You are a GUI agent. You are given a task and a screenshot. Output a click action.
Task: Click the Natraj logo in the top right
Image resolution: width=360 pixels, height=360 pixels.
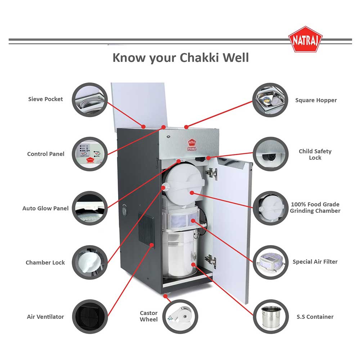(x=305, y=39)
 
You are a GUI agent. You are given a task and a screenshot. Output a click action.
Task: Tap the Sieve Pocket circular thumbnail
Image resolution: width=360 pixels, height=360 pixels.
(x=90, y=100)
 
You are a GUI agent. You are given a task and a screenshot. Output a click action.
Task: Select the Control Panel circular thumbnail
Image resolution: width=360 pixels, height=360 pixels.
(x=90, y=154)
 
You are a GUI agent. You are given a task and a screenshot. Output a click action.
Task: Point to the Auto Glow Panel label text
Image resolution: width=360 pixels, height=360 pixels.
(x=45, y=208)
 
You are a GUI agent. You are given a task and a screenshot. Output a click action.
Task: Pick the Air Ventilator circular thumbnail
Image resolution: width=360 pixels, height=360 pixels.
(x=90, y=317)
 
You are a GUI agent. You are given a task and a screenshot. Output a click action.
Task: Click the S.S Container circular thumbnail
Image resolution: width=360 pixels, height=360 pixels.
(x=270, y=317)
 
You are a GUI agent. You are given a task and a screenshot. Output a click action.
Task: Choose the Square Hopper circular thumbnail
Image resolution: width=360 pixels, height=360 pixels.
(x=270, y=100)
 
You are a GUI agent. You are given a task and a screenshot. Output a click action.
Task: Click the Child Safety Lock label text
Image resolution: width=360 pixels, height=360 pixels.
(x=315, y=154)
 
